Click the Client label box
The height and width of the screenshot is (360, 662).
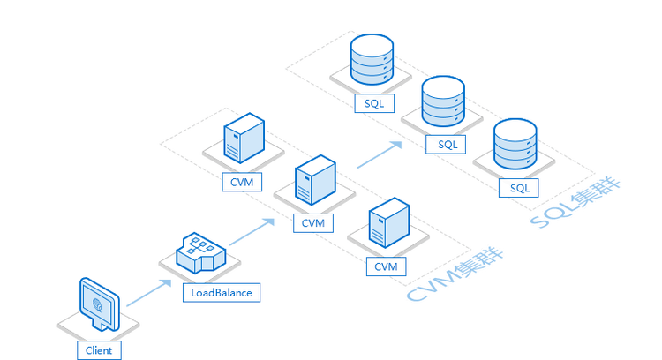tap(99, 350)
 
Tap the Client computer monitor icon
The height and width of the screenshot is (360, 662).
tap(100, 304)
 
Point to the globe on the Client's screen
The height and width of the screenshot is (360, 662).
tap(97, 304)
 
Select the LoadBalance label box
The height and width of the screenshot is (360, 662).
tap(222, 292)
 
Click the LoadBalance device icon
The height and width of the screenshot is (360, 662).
tap(201, 253)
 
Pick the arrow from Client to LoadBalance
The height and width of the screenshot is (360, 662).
tap(149, 293)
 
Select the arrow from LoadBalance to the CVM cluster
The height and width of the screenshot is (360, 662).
tap(252, 232)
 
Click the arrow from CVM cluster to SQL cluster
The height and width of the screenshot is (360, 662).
tap(380, 154)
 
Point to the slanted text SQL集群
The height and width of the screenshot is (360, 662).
tap(575, 203)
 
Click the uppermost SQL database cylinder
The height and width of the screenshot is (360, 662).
tap(372, 59)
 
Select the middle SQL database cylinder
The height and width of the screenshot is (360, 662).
tap(443, 101)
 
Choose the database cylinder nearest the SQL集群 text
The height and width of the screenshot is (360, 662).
tap(515, 144)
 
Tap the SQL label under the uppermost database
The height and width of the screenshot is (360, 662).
tap(374, 103)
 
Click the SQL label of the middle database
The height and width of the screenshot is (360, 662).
tap(446, 145)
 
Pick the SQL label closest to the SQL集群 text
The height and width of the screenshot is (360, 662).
tap(519, 188)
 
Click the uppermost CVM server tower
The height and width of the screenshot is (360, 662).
tap(244, 138)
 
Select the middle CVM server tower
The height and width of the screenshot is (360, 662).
tap(315, 180)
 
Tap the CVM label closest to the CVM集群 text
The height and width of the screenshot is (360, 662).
tap(387, 266)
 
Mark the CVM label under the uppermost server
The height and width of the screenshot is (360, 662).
tap(242, 182)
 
